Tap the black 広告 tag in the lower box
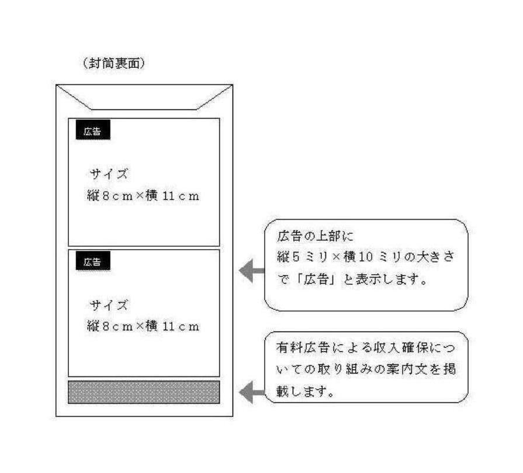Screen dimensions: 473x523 pos(93,263)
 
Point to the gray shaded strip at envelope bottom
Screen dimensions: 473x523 pos(144,392)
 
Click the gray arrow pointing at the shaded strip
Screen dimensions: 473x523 pos(252,391)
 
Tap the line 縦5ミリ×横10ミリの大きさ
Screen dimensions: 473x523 pos(365,257)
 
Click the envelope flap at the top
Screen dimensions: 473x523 pos(144,97)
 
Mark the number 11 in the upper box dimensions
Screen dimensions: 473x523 pos(169,196)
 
